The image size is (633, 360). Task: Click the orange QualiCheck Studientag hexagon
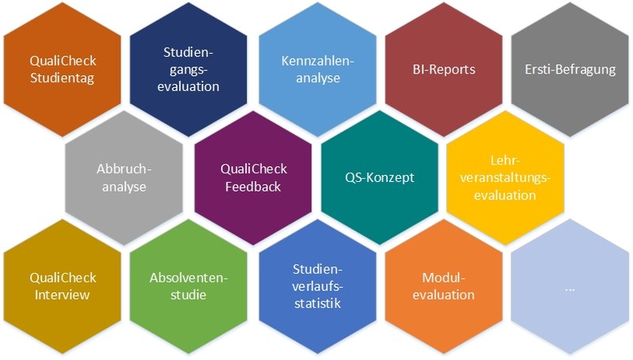click(x=63, y=70)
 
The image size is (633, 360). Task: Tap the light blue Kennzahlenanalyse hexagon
click(x=316, y=70)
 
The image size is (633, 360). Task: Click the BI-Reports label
click(x=443, y=69)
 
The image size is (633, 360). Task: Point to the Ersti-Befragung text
click(x=570, y=69)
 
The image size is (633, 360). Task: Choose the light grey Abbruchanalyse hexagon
click(x=123, y=177)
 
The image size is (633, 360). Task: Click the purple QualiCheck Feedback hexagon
click(x=252, y=177)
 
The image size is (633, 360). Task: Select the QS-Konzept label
click(x=380, y=177)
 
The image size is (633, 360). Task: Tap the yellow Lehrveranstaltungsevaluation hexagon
click(x=506, y=177)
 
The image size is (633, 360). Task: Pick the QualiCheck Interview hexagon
click(x=63, y=286)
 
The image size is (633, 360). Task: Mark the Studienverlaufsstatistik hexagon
click(x=316, y=286)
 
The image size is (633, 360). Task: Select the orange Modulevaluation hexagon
click(x=443, y=286)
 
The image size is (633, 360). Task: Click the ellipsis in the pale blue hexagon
click(x=570, y=288)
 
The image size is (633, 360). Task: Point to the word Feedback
click(x=252, y=187)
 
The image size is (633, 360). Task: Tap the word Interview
click(x=63, y=295)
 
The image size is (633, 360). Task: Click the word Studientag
click(x=63, y=78)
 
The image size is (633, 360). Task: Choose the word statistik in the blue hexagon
click(x=316, y=303)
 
